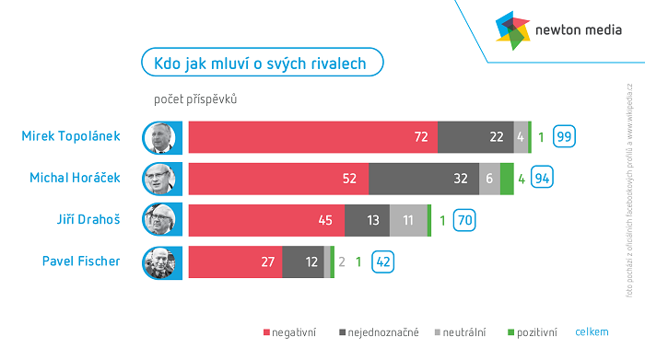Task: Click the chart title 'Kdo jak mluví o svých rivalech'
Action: (262, 63)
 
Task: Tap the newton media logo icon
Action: (513, 29)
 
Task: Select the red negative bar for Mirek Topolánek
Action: (312, 137)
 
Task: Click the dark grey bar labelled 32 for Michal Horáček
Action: (423, 179)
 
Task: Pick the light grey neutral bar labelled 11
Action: (408, 220)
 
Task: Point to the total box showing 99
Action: (565, 137)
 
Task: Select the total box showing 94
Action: (543, 179)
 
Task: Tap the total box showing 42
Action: (383, 261)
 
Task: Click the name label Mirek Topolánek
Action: (71, 136)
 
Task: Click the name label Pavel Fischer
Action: (81, 261)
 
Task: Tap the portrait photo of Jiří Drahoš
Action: (159, 220)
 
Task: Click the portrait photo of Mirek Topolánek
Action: (159, 137)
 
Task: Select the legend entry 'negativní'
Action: (290, 331)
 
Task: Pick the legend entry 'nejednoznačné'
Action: (381, 331)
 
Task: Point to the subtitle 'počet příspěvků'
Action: (195, 99)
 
